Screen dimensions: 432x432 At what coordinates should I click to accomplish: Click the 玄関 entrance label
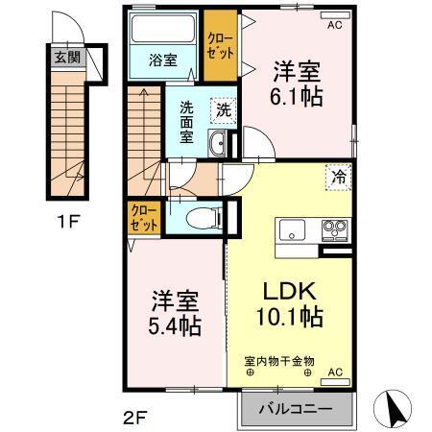pos(65,56)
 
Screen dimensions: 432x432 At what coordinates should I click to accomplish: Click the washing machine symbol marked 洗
pos(223,109)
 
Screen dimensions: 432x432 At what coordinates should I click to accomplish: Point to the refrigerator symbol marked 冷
pos(339,177)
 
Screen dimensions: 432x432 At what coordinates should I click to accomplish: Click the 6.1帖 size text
pos(296,96)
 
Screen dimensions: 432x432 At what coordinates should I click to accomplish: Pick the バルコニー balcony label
pos(297,409)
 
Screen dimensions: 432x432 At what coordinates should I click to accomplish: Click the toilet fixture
pos(200,217)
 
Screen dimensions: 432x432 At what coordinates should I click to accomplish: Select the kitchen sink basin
pos(292,230)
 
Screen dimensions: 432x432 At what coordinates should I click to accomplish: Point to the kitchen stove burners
pos(333,230)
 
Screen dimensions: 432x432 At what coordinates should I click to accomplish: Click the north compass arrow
pos(393,409)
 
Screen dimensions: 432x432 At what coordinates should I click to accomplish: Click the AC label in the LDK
pos(336,371)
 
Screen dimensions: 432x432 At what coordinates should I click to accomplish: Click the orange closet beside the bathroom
pos(220,44)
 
